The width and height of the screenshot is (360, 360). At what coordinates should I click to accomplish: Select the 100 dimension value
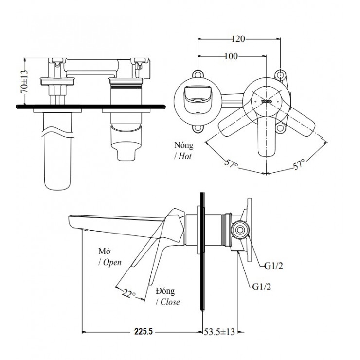231,57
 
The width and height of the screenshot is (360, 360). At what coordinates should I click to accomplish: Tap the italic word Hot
185,156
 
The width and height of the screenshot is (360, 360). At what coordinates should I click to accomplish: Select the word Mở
104,252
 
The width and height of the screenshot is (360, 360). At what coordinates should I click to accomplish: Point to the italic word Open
110,262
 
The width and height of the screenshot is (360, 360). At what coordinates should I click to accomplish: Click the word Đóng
166,290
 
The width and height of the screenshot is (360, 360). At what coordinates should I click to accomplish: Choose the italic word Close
168,302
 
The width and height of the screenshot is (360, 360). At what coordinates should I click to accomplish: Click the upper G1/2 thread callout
274,266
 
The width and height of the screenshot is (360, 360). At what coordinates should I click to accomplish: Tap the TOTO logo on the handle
266,101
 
